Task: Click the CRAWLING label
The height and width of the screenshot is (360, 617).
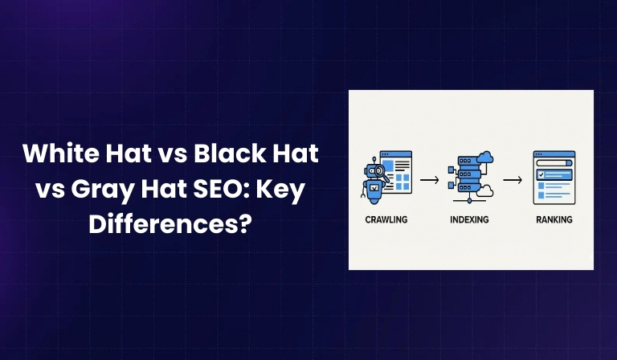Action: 386,219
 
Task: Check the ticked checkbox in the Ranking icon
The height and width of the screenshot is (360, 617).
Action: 540,174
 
